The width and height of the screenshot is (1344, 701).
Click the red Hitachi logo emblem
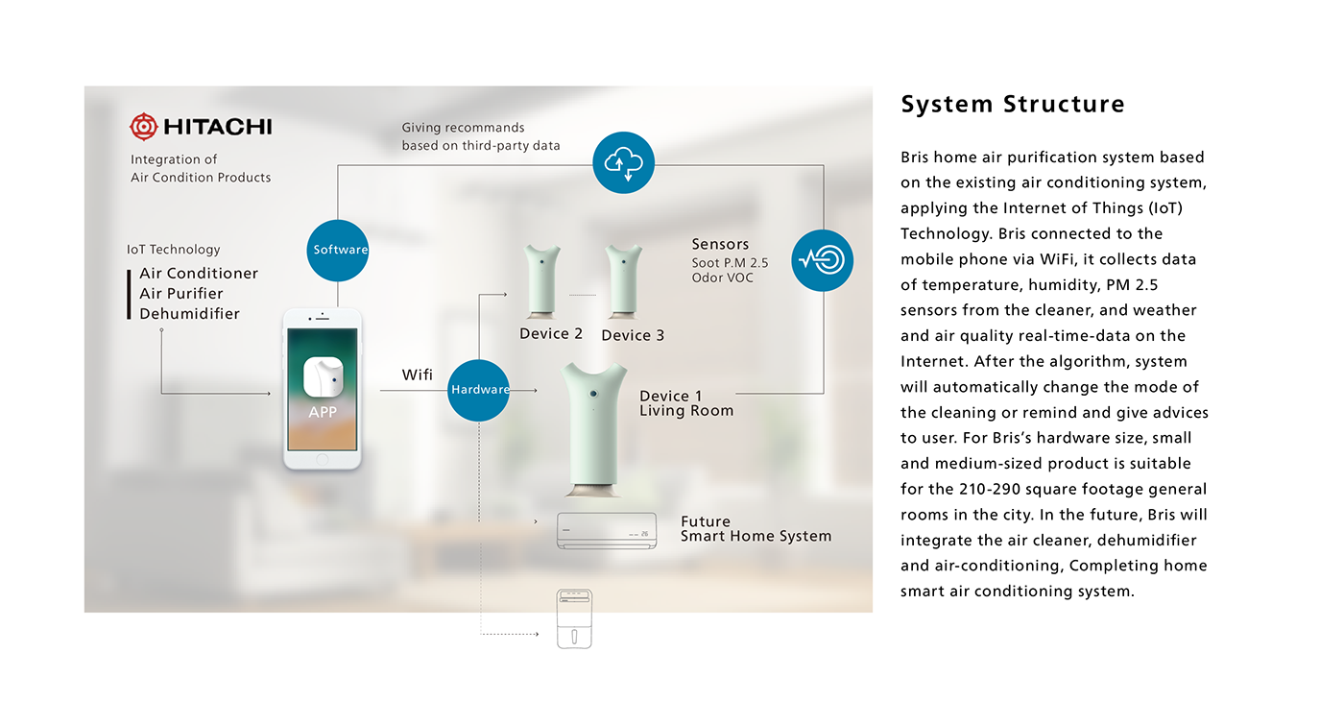pos(144,127)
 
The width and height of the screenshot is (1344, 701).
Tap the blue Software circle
pos(340,250)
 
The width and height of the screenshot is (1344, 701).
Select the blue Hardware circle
pos(479,389)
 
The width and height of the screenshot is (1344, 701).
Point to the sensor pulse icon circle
pos(823,260)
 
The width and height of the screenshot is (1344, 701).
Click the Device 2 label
pos(551,334)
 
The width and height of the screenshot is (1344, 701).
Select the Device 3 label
pos(633,335)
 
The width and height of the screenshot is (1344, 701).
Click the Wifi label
pos(418,375)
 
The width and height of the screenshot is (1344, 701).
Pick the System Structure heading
pos(1013,105)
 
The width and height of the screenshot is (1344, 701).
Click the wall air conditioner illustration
pos(608,530)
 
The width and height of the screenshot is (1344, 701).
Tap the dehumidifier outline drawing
pos(575,619)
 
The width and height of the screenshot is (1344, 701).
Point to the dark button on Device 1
pos(594,394)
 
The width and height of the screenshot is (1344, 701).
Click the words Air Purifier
pos(181,294)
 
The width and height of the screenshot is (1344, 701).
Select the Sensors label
pos(720,245)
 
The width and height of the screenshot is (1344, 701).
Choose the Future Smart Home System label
pos(756,529)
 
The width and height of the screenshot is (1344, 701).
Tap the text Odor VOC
pos(723,278)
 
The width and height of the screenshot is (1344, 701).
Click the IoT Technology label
pos(174,250)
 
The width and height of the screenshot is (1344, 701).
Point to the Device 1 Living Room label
pos(686,403)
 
